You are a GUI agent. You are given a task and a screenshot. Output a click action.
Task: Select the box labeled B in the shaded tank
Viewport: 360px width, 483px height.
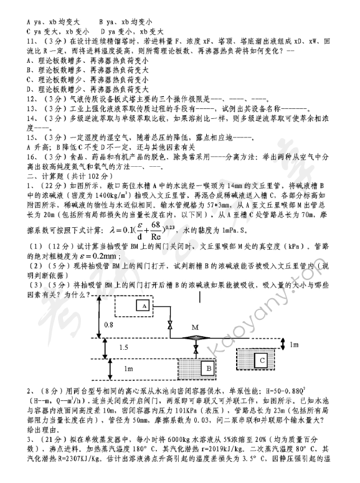(205, 368)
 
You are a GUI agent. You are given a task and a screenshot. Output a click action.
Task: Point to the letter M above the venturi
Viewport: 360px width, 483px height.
(195, 327)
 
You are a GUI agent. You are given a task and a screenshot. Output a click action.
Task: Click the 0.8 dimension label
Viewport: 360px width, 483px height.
(108, 325)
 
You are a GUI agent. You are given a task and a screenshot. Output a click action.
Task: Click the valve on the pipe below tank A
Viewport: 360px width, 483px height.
(170, 325)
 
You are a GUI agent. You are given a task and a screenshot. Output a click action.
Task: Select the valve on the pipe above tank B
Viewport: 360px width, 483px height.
(197, 352)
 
